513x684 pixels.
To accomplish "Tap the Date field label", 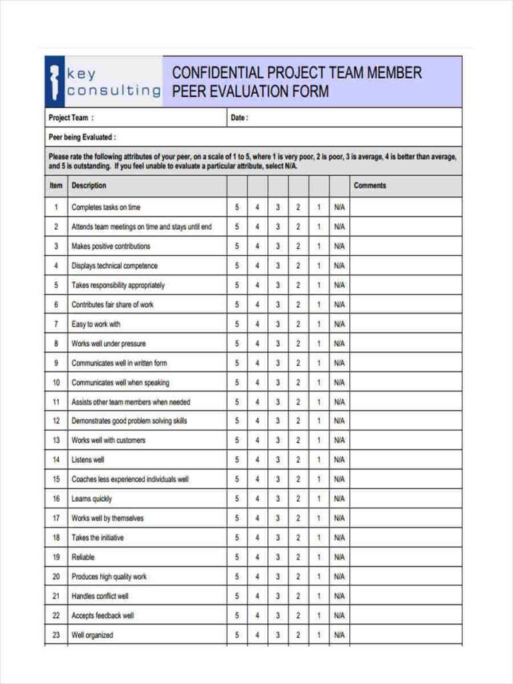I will click(x=238, y=118).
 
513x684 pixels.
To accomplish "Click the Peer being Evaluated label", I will click(x=82, y=138).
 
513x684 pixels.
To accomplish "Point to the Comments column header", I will click(x=369, y=186).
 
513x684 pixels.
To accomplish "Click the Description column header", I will click(x=89, y=186).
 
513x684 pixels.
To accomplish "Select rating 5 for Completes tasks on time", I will click(x=236, y=208).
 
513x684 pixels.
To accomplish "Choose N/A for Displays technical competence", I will click(x=339, y=266).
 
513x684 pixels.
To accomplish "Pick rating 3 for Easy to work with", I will click(x=278, y=325).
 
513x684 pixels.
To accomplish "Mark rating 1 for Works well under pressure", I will click(x=319, y=344).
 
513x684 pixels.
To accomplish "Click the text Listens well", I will click(x=88, y=460).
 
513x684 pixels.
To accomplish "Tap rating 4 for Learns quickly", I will click(x=257, y=499).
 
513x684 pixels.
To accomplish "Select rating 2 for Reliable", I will click(x=298, y=557).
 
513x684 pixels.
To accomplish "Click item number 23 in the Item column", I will click(x=56, y=635).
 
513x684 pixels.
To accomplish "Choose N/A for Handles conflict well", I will click(x=339, y=596).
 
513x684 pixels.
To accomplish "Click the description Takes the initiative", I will click(x=98, y=538).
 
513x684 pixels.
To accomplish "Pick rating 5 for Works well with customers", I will click(x=236, y=441).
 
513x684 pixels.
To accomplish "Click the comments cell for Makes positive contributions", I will click(x=405, y=246).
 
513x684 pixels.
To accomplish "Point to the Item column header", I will click(x=56, y=186).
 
